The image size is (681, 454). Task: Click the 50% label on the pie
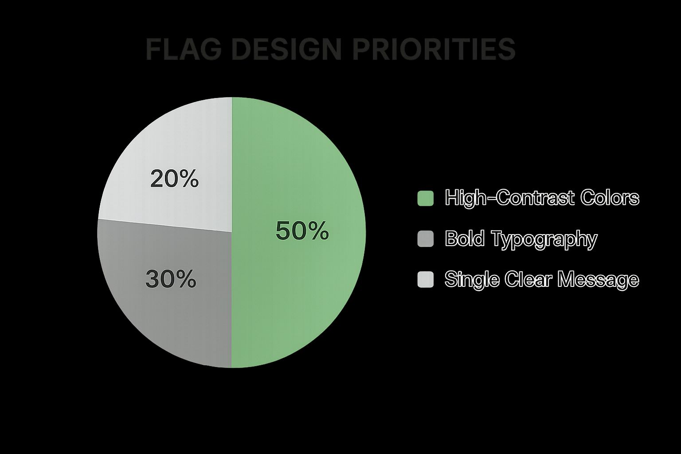coord(302,231)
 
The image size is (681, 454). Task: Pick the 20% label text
coord(174,180)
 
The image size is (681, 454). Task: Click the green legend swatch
coord(426,198)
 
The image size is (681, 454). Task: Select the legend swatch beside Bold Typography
coord(426,239)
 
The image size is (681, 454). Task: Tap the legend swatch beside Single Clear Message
coord(426,279)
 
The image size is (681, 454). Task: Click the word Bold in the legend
coord(464,239)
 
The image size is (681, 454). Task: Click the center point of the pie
coord(231,232)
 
